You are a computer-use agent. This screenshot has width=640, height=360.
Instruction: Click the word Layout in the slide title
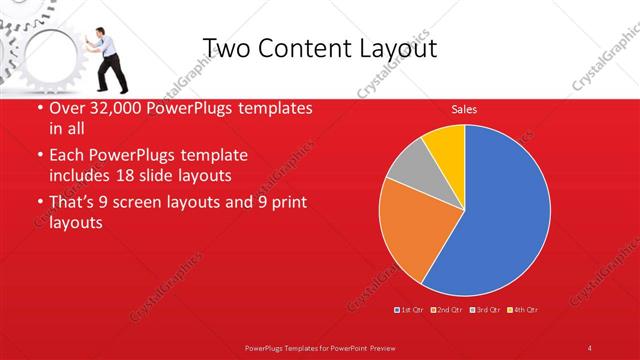[394, 48]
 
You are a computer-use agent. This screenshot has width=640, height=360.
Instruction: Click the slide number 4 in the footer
[590, 347]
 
